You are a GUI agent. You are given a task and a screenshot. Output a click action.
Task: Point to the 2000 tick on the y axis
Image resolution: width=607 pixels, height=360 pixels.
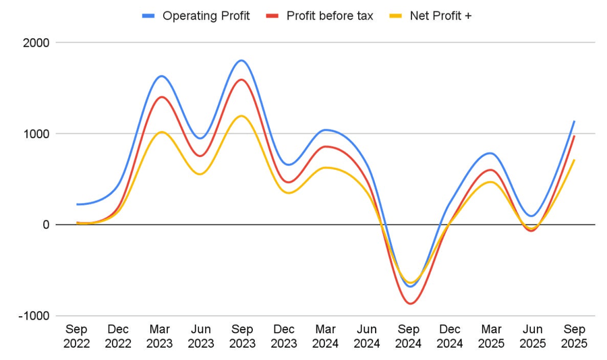point(36,42)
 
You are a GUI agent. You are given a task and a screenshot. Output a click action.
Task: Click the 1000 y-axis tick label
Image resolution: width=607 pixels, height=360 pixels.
point(36,133)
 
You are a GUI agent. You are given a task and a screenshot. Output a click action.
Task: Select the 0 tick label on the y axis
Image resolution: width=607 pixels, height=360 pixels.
point(46,224)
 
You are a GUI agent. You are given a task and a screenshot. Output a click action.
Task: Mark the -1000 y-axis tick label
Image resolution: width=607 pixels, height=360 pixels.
point(34,316)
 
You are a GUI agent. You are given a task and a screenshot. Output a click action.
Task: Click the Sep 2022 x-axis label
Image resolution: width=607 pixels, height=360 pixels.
point(77,336)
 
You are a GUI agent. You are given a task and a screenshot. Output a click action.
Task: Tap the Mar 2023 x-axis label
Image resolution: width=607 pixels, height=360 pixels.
point(160,336)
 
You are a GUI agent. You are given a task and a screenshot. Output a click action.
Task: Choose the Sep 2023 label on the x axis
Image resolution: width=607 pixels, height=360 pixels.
point(242,336)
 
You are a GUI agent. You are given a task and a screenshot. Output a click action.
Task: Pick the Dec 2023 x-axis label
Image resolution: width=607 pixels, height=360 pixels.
point(284,336)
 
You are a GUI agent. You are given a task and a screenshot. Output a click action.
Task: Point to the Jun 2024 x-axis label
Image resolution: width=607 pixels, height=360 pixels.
point(367,336)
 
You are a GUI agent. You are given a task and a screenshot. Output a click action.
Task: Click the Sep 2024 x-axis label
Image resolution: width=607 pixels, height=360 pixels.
point(409,336)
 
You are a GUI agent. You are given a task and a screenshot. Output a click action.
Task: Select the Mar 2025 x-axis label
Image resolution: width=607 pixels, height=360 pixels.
point(492,336)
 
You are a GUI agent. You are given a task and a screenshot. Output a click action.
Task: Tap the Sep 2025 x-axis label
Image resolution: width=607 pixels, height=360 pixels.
point(575,336)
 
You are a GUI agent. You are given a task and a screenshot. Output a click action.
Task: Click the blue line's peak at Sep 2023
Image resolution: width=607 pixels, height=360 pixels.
point(242,61)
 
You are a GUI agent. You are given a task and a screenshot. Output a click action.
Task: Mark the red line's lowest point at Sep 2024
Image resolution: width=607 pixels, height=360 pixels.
point(410,303)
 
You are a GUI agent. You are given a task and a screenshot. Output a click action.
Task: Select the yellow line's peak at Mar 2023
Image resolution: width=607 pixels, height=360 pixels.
point(161,131)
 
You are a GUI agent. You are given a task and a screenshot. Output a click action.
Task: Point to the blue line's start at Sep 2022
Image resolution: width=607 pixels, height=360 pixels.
point(78,204)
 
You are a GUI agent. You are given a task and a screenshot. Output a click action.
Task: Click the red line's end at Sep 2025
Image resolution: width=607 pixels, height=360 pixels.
point(574,136)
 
